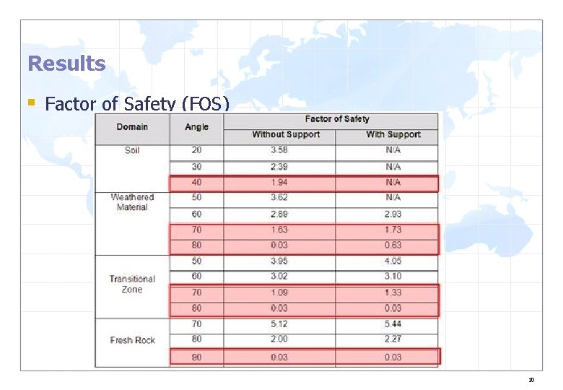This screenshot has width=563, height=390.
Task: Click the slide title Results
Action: point(66,64)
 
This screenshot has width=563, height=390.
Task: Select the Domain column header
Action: point(132,127)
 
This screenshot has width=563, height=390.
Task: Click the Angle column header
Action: point(196,127)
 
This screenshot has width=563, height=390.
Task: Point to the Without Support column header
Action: point(286,134)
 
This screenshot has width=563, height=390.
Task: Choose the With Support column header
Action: point(393,134)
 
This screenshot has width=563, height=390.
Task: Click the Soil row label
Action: point(132,151)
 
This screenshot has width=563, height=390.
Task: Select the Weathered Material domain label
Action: point(132,202)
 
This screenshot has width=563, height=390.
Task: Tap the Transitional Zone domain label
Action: point(132,284)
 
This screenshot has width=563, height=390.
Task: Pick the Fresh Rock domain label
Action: point(132,340)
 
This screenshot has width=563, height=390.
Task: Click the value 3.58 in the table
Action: point(279,150)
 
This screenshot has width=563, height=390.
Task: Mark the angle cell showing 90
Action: point(196,357)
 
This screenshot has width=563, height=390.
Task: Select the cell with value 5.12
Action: point(279,325)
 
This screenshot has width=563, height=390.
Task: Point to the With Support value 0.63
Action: point(393,246)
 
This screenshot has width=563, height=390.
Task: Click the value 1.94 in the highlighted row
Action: point(279,183)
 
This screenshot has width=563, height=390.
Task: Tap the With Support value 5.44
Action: point(393,325)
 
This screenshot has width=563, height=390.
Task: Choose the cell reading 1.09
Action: point(279,292)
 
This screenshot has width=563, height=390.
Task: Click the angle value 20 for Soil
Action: point(196,150)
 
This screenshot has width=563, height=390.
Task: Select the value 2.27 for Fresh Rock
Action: point(393,339)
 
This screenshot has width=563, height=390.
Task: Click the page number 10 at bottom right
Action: point(531,379)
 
